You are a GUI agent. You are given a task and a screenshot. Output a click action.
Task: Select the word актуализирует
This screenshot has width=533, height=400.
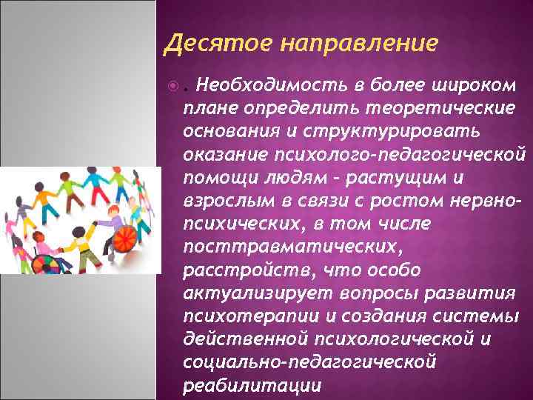[249, 293]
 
